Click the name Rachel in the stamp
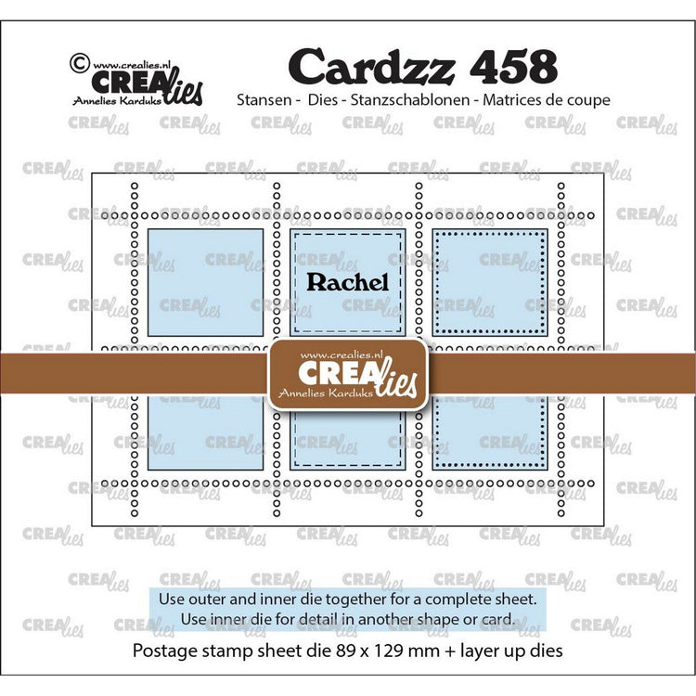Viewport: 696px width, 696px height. (x=348, y=282)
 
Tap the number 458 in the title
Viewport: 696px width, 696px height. (x=512, y=67)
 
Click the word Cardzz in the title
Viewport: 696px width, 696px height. (x=372, y=67)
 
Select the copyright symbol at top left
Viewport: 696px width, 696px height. (x=80, y=63)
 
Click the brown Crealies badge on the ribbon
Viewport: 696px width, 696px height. (x=348, y=374)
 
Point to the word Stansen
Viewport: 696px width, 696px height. (x=264, y=100)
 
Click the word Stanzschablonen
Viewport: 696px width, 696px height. (x=410, y=100)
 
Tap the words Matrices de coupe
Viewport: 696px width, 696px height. (x=547, y=100)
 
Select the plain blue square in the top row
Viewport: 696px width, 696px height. (x=205, y=282)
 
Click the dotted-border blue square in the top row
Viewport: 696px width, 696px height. (x=490, y=282)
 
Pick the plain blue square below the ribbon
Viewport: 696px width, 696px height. (x=205, y=432)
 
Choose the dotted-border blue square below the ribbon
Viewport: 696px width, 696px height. (x=490, y=432)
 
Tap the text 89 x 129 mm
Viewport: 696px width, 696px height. (x=384, y=651)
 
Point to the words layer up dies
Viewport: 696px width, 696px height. (x=511, y=651)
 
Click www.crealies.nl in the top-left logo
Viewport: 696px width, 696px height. (x=132, y=65)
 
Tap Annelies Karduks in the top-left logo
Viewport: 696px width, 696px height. (x=117, y=101)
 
